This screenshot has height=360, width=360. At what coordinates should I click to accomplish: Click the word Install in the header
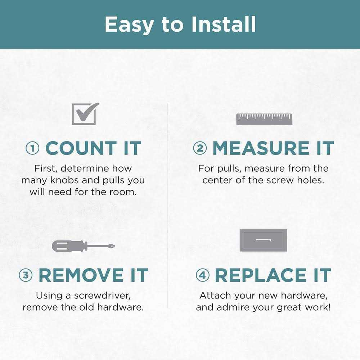pos(224,24)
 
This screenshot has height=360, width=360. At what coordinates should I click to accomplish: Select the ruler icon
pos(264,119)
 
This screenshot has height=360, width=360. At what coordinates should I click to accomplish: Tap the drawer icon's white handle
pos(264,240)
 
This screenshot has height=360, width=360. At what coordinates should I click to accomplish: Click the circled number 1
pos(32,148)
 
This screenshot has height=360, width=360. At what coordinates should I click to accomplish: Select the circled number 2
pos(200,148)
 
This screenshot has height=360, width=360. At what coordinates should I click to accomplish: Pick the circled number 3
pos(26,275)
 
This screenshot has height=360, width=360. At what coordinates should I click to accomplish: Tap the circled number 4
pos(202,275)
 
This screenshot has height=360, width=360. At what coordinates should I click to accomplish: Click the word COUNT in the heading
pos(81,148)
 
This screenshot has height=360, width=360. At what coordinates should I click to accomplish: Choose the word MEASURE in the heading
pos(261,148)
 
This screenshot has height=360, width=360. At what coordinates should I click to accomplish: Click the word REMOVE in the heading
pos(81,275)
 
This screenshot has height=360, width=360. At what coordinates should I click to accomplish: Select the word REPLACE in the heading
pos(261,275)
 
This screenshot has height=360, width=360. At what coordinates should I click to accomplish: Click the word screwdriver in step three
pos(102,296)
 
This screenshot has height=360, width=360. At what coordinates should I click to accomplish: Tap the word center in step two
pos(217,180)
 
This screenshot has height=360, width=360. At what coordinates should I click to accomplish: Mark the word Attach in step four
pos(215,296)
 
